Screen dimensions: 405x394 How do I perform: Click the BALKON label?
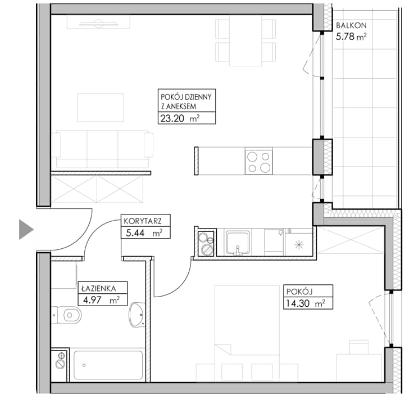pos(351,25)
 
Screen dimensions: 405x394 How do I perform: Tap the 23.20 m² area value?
pos(180,119)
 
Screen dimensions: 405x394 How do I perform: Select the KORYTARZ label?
pos(143,221)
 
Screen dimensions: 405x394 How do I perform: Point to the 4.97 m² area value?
pos(101,300)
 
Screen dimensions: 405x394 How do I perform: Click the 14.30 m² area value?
pos(306,303)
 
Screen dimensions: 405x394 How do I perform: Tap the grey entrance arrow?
pos(26,229)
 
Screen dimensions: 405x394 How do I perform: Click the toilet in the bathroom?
pos(66,315)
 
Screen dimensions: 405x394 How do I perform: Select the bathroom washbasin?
pos(136,315)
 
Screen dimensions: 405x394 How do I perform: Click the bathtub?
pos(108,365)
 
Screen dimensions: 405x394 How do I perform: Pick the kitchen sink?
pos(238,243)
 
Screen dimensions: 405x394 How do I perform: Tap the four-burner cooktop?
pos(259,162)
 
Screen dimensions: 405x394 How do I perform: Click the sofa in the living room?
pos(102,149)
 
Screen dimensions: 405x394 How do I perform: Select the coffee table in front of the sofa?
pos(101,108)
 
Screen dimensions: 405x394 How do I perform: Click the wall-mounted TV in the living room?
pos(98,24)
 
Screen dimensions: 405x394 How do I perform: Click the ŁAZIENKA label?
pos(99,288)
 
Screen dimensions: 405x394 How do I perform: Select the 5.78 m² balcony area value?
pos(351,37)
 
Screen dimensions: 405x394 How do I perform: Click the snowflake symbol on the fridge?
pos(299,244)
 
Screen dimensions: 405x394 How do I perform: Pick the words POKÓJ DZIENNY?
pos(186,97)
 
